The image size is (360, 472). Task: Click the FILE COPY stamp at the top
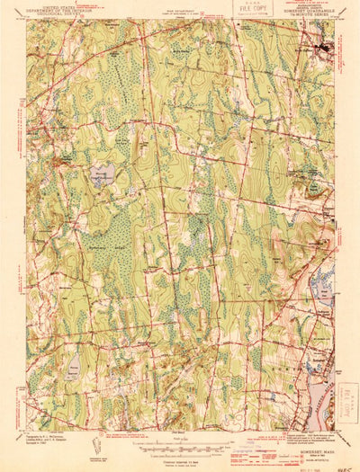(x=254, y=11)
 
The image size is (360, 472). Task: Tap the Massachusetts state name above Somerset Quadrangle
(x=310, y=7)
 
